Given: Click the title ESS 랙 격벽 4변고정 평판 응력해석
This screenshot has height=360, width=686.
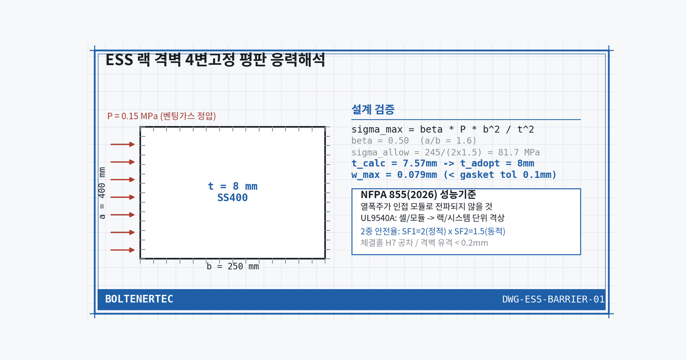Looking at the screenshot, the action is [215, 60].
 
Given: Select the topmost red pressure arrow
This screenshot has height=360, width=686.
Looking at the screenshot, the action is [123, 144].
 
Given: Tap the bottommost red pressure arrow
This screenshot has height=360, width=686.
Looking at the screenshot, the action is [123, 250].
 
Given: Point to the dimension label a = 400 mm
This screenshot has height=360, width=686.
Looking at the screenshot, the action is [102, 193].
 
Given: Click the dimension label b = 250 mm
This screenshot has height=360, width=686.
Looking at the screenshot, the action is [233, 266].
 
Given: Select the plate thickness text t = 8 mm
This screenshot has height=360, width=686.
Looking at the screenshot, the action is [233, 186].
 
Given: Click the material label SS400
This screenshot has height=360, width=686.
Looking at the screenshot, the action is [232, 198].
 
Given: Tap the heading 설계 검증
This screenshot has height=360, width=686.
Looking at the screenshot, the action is [373, 109].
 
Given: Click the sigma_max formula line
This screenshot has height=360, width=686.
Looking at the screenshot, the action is [442, 129].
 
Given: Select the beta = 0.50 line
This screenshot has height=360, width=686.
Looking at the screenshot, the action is [414, 141].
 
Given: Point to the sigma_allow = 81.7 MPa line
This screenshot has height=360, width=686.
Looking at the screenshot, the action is [445, 153].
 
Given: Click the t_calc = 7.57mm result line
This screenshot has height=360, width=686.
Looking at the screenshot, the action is [442, 163].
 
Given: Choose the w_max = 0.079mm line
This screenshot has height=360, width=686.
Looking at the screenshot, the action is [454, 175].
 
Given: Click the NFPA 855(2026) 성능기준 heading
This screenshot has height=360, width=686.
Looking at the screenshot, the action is [418, 195].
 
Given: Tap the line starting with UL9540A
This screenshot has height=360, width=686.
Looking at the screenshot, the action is [432, 218].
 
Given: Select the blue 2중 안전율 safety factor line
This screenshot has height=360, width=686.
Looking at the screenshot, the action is [433, 231].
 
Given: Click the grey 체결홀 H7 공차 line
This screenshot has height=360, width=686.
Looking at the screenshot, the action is [424, 243].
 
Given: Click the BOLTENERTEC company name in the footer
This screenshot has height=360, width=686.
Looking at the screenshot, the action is [139, 299].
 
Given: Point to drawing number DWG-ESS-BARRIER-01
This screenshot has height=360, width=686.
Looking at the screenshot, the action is [553, 299].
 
